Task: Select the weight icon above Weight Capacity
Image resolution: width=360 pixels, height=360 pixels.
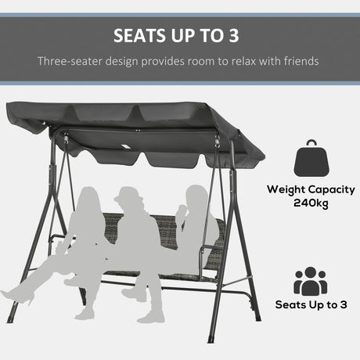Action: pyautogui.click(x=310, y=160)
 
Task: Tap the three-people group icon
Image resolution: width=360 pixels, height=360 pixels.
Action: pyautogui.click(x=311, y=282)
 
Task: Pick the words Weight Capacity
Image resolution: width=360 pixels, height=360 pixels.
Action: pyautogui.click(x=311, y=189)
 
